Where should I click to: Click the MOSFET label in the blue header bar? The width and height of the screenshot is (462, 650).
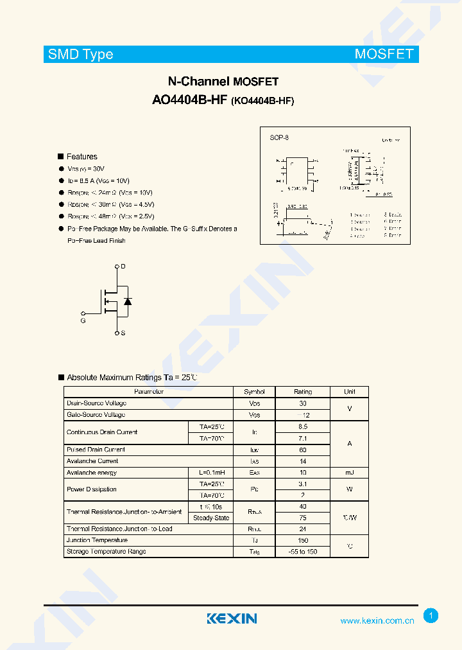[384, 54]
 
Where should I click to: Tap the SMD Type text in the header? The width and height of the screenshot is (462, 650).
[81, 55]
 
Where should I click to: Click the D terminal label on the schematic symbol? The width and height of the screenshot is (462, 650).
[123, 266]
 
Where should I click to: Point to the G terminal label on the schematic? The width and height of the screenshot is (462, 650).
[83, 320]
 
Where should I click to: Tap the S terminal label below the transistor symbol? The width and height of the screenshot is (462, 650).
[123, 333]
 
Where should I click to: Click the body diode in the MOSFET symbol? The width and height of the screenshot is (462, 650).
[127, 301]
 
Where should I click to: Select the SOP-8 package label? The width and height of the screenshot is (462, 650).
[279, 138]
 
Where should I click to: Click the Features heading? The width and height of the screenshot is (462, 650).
[81, 157]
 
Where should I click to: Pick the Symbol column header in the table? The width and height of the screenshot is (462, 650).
[254, 391]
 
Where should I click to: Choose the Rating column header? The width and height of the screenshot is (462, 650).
[303, 391]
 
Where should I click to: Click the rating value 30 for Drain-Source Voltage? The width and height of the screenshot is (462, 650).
[303, 403]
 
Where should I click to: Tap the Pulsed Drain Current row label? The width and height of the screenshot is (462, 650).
[96, 450]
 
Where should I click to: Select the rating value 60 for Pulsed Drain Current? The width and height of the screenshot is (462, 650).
[303, 450]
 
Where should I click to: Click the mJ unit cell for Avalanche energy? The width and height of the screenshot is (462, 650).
[349, 473]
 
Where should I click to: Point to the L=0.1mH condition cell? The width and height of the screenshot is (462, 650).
[211, 473]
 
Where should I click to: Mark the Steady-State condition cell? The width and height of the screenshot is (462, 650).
[211, 518]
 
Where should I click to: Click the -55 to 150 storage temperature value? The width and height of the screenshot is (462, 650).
[303, 552]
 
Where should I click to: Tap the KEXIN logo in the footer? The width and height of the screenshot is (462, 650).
[232, 619]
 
